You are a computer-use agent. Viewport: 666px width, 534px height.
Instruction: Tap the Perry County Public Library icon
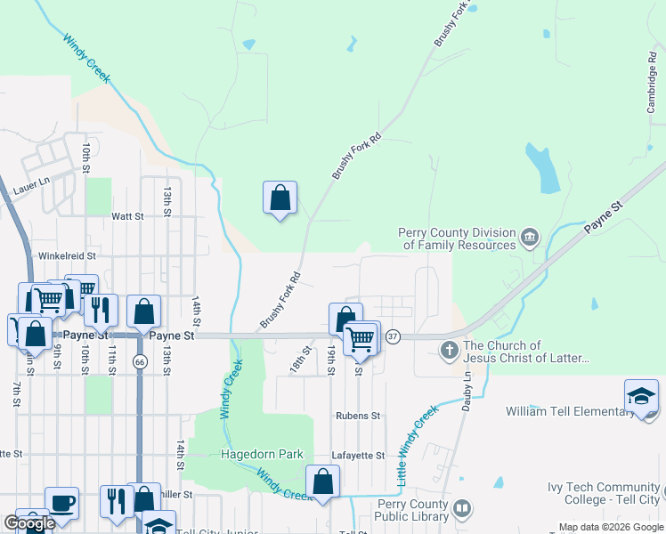pos(462,509)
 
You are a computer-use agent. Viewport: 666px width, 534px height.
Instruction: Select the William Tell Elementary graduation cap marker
pos(641,395)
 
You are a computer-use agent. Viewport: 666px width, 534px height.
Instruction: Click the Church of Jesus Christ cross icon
pos(450,351)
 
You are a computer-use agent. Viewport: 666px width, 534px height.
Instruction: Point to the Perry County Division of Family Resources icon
pos(530,237)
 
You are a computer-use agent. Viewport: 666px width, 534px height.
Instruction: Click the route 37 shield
pos(393,336)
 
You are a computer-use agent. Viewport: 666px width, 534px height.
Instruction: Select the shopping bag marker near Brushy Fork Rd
pos(280,198)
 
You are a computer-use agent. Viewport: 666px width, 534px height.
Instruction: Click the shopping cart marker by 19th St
pos(361,338)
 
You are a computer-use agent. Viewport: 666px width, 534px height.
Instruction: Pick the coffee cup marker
pos(61,502)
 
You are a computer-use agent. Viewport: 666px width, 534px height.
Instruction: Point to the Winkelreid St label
pos(66,255)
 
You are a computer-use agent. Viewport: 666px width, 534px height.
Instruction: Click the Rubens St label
pos(358,416)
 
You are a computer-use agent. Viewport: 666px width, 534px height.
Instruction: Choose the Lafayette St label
pos(358,455)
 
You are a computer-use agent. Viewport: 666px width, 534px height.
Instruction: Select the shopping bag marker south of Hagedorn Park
pos(322,482)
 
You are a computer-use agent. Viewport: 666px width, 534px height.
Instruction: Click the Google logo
pos(29,523)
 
